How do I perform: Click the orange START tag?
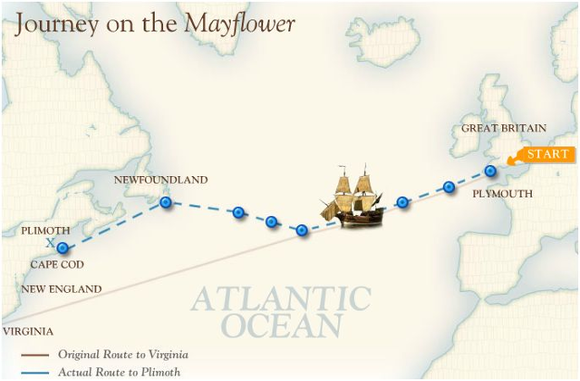[x=546, y=154]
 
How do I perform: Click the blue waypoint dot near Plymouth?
[x=490, y=171]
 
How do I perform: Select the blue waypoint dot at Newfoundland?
[x=166, y=203]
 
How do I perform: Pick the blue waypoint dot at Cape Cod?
[x=62, y=248]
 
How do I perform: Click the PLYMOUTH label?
[x=502, y=193]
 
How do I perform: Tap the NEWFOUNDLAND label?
[x=160, y=181]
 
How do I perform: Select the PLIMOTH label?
[x=45, y=231]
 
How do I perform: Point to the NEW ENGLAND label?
[x=62, y=289]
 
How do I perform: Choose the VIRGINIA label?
[x=27, y=332]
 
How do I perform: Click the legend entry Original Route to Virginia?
[x=122, y=354]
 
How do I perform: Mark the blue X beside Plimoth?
[x=50, y=242]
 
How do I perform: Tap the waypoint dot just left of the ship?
[x=303, y=230]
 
